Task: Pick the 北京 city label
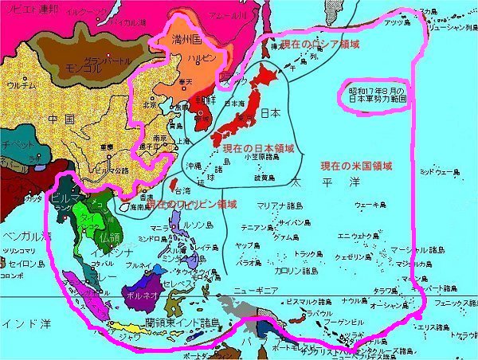coord(149,104)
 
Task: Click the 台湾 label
coord(182,191)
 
